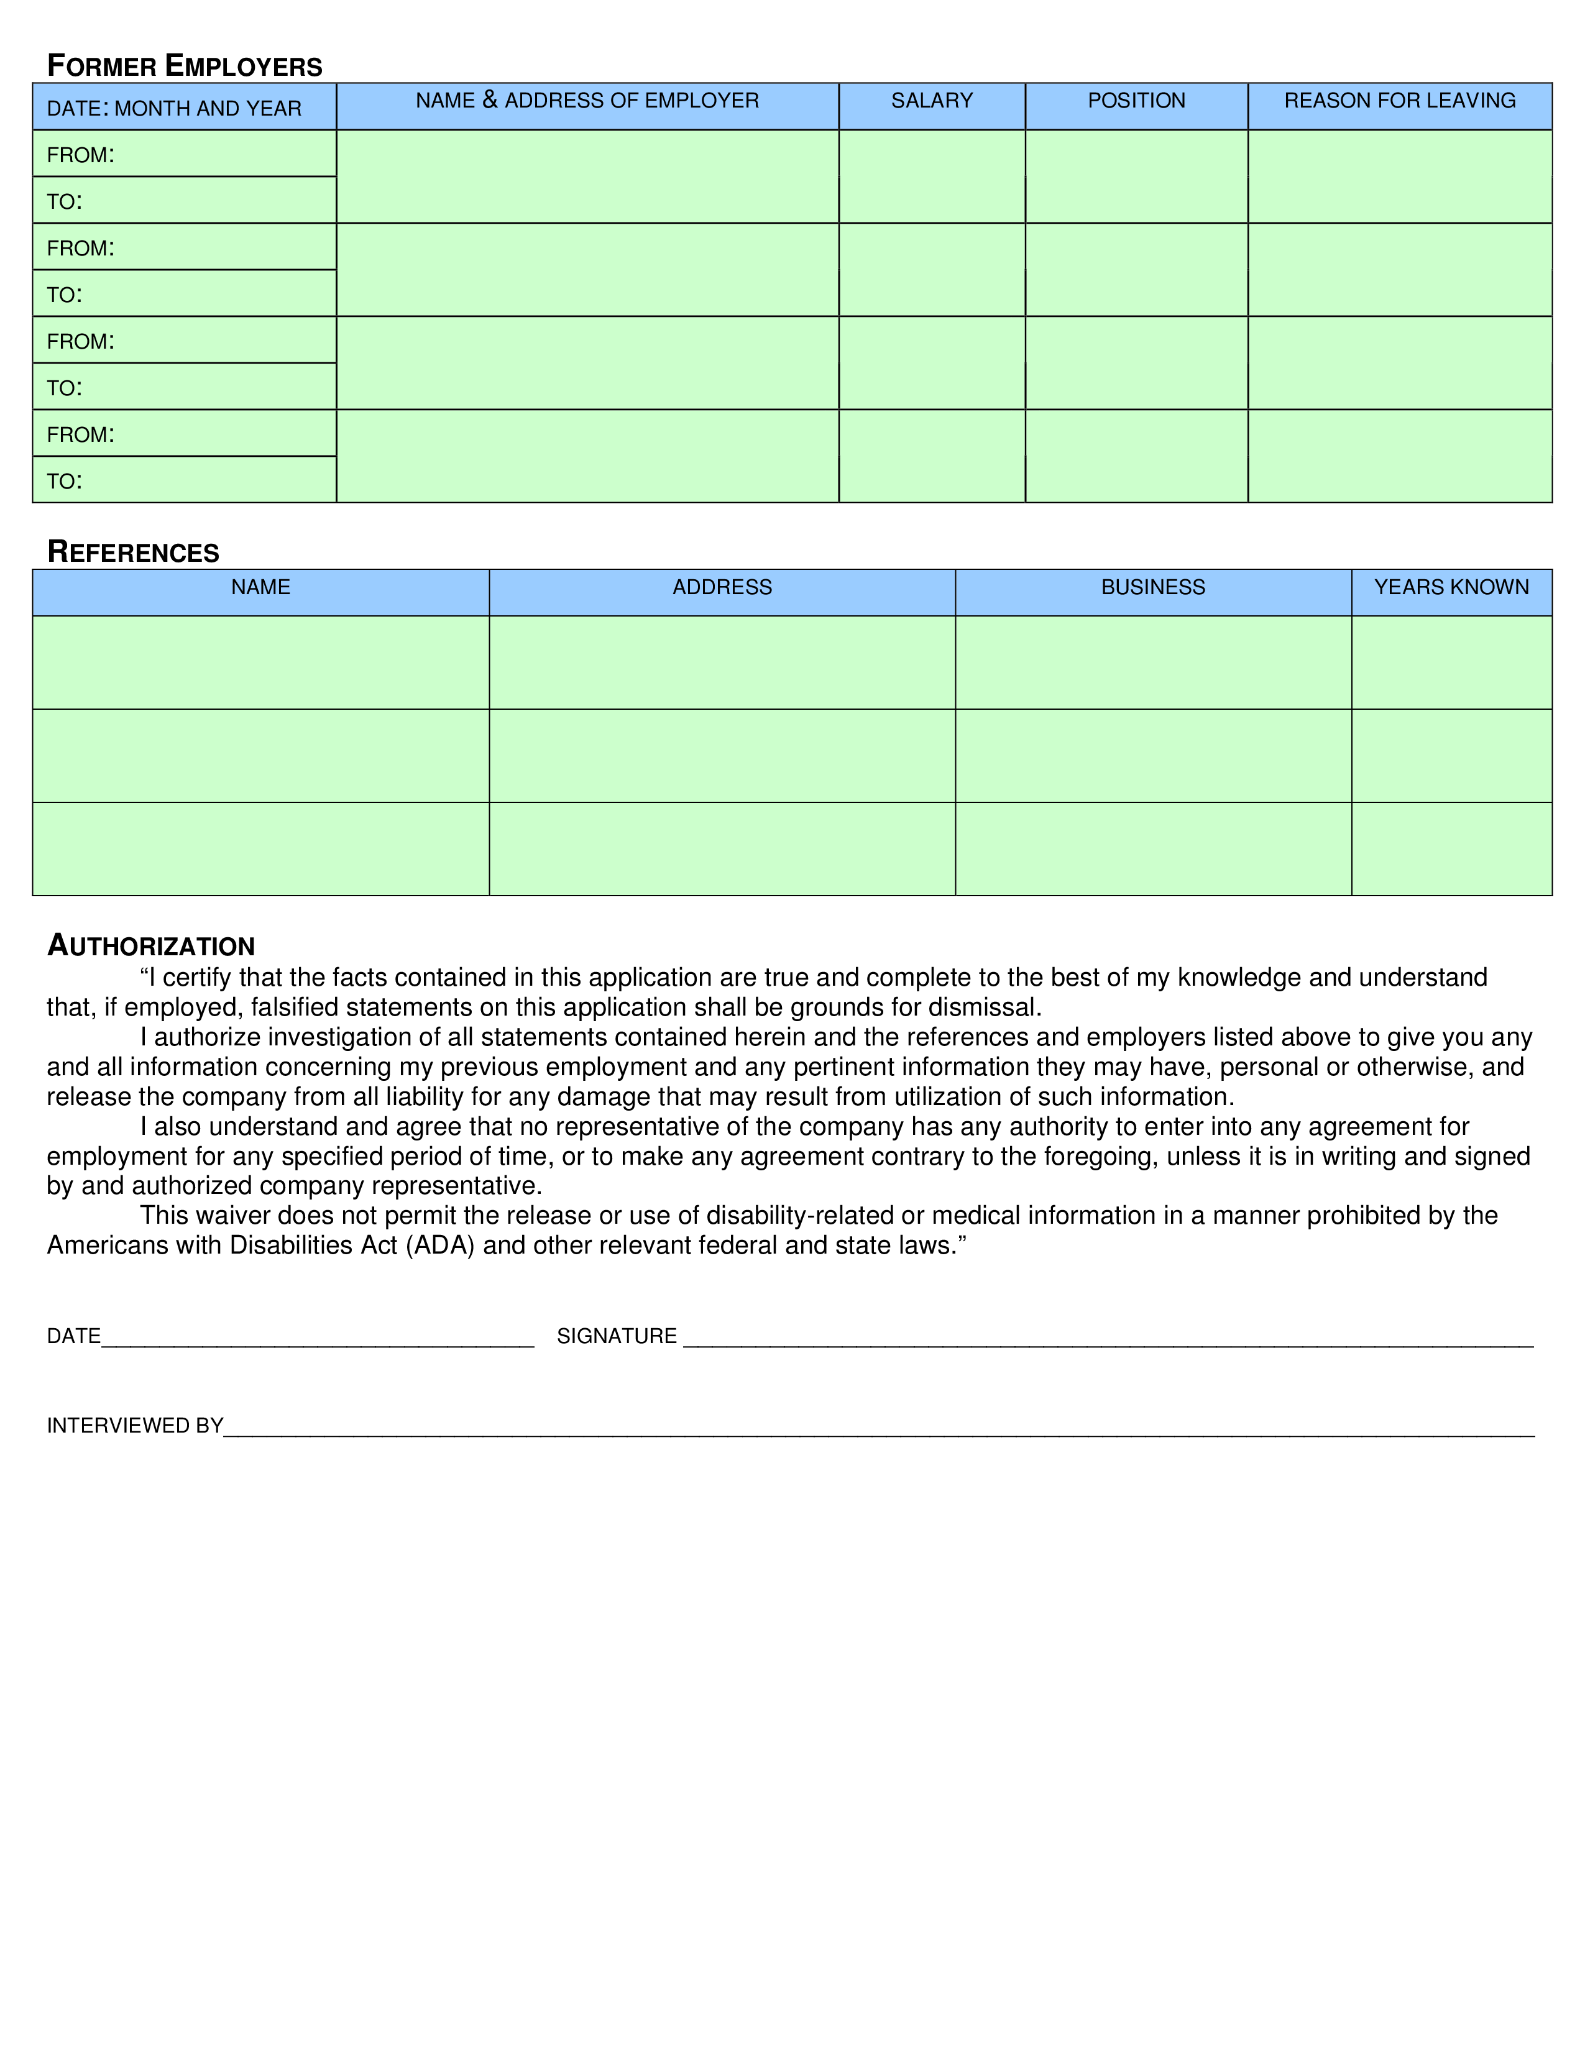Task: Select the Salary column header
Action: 932,101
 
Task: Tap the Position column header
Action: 1136,101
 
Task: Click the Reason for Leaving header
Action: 1399,101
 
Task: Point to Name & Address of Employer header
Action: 587,101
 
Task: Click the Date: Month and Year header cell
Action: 175,109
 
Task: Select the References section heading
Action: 134,552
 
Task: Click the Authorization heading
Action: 151,946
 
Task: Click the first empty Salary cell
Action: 932,177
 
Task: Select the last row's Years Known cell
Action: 1451,849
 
